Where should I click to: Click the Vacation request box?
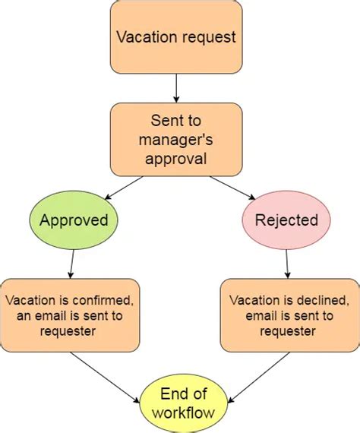point(176,36)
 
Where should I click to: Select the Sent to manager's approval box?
point(176,140)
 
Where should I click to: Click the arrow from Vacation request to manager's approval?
point(176,88)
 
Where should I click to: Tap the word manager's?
point(176,140)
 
